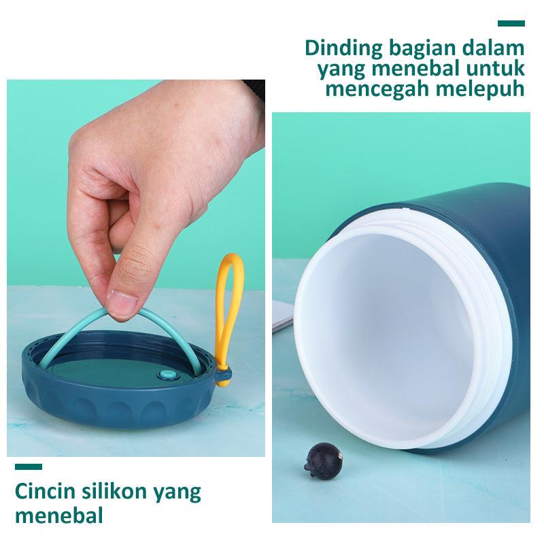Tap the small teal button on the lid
(167, 375)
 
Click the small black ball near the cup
(324, 461)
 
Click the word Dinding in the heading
(344, 49)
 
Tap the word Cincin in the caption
(45, 491)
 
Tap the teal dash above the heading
(511, 23)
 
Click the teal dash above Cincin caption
(29, 466)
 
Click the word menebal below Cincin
(59, 515)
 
